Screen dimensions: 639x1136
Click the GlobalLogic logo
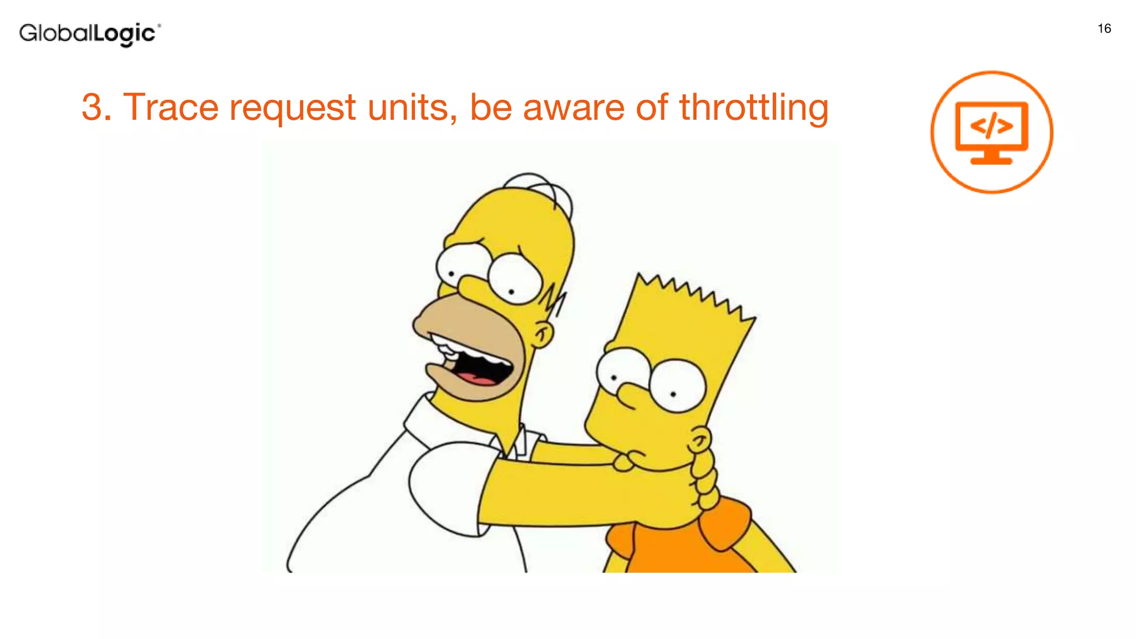(x=89, y=34)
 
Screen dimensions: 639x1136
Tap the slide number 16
(x=1104, y=29)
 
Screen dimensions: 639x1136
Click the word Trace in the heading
(x=170, y=107)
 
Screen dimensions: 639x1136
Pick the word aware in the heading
(x=574, y=107)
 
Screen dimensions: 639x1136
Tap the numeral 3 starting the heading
(x=93, y=107)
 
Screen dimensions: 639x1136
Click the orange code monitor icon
(x=991, y=133)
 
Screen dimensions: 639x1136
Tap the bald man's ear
(x=543, y=334)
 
